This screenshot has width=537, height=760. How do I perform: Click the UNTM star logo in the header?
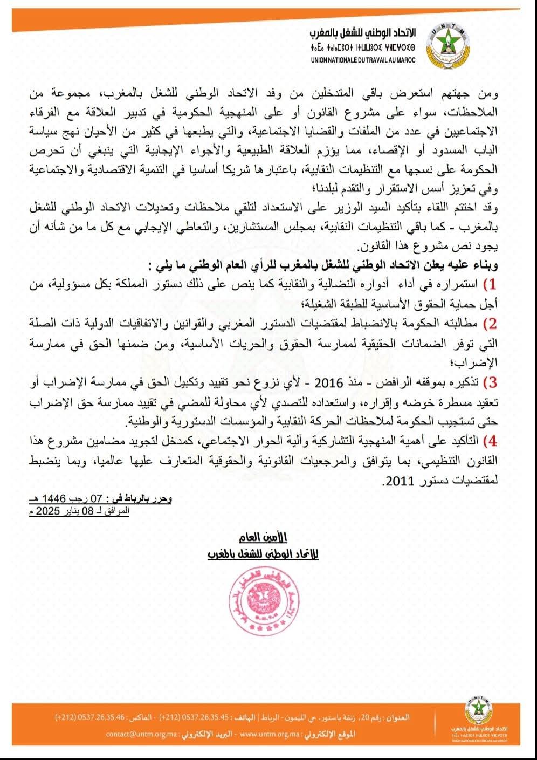pos(448,45)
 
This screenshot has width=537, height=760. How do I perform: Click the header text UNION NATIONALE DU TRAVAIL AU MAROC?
pos(363,60)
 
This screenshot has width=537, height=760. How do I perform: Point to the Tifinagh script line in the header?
pos(363,48)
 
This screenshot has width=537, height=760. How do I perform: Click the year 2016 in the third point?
pos(329,383)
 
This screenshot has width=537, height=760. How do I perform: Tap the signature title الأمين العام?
pos(263,537)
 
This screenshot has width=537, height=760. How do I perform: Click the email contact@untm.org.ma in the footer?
pos(140,734)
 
